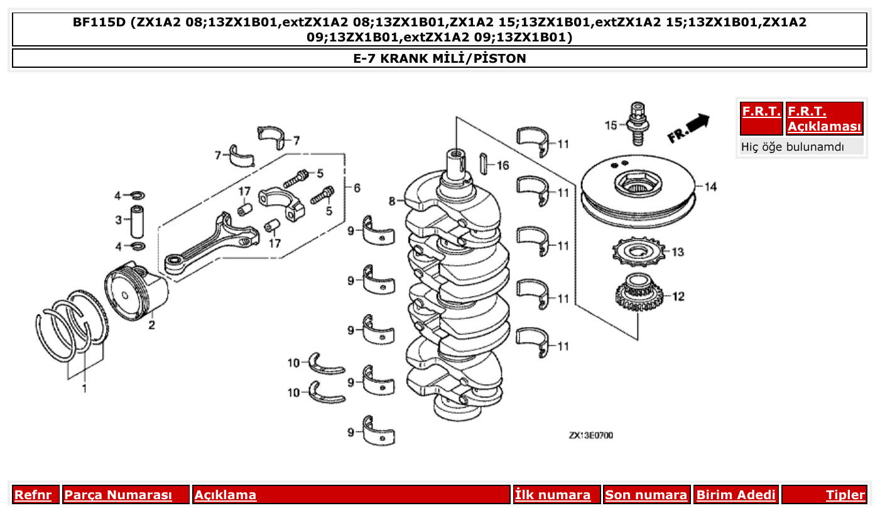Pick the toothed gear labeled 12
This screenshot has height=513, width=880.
(638, 295)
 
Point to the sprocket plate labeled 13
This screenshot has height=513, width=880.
(638, 253)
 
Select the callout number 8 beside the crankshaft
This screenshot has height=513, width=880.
(392, 202)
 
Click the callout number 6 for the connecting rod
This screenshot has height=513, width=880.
(357, 188)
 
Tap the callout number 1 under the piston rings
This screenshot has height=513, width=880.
(84, 389)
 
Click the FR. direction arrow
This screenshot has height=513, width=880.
(688, 126)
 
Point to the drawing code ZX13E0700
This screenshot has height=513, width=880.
(590, 435)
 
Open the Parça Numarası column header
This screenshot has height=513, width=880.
(118, 495)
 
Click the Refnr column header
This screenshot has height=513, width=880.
(33, 495)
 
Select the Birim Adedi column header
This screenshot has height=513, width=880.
(736, 495)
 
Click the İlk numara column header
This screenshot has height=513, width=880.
(553, 495)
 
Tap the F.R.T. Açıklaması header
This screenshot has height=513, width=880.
(824, 119)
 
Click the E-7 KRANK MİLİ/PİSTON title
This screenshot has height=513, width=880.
(440, 58)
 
